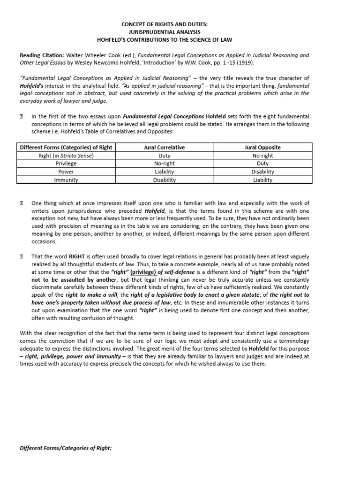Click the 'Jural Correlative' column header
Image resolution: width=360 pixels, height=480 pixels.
point(164,147)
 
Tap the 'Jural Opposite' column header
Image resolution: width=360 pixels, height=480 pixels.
point(263,147)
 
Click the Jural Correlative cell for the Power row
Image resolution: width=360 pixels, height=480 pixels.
point(164,172)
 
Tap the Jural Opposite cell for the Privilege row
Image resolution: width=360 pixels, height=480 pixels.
point(263,164)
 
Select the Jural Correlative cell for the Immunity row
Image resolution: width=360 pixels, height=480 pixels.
point(164,180)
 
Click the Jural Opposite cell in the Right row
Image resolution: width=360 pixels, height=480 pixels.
point(263,156)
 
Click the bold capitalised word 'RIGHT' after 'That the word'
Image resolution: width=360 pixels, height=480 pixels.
point(77,256)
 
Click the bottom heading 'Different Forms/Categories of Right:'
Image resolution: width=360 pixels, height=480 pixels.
point(66,448)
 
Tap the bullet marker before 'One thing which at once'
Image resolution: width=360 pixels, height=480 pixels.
point(22,203)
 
